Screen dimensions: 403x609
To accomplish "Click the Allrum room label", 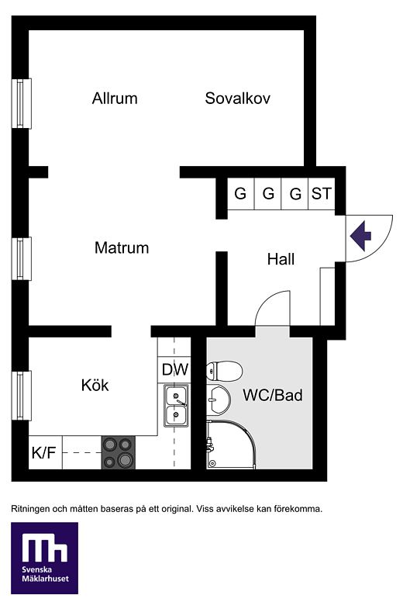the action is tap(115, 99).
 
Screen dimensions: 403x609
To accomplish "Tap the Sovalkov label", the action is tap(237, 99).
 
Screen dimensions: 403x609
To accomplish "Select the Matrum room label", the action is tap(122, 247).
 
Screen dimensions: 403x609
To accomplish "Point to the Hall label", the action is tap(281, 259).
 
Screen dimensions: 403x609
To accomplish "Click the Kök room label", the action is tap(95, 385).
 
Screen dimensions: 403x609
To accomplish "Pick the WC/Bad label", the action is tap(273, 395).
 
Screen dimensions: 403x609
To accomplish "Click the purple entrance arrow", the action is tap(360, 236).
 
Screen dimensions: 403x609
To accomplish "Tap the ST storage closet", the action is tap(321, 193).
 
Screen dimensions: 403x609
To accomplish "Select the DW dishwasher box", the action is tap(174, 369).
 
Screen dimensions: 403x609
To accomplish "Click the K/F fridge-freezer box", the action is tap(45, 452).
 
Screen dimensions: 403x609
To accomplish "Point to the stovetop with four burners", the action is tap(119, 452).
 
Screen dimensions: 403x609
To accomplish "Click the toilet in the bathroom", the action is tap(224, 371).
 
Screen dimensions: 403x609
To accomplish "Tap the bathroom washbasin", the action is tap(219, 400).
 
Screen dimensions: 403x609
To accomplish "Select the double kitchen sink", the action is tap(177, 406).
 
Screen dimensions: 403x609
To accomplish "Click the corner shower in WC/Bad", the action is tap(231, 445).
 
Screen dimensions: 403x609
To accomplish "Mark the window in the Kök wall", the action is tap(22, 396).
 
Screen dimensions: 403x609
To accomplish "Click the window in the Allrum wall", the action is tap(22, 103).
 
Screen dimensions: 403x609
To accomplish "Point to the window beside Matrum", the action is tap(22, 258).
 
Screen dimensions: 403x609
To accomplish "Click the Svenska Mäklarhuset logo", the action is tap(45, 558).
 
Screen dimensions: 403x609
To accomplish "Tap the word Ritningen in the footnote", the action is tap(30, 509).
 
